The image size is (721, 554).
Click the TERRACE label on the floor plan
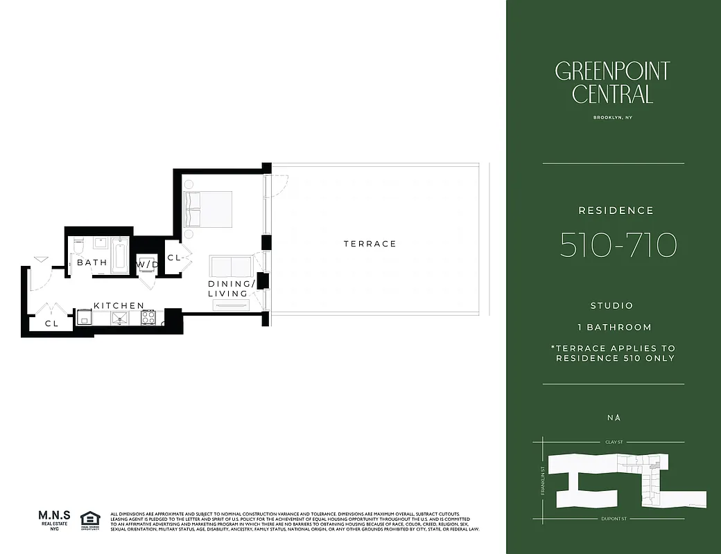pos(370,244)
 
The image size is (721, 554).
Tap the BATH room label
pos(92,263)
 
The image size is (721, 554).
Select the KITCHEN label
pos(119,305)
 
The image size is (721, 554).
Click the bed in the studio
pos(207,208)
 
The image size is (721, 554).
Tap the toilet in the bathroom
pos(78,246)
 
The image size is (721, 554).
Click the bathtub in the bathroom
pos(121,255)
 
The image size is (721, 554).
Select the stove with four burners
pos(148,317)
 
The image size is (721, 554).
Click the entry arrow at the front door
pos(41,260)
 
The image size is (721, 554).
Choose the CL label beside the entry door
pos(51,323)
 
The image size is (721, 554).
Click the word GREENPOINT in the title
pos(612,71)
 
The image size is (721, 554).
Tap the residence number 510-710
pos(618,245)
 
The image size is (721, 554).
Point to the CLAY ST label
pos(614,441)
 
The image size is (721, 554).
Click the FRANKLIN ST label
pos(544,479)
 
